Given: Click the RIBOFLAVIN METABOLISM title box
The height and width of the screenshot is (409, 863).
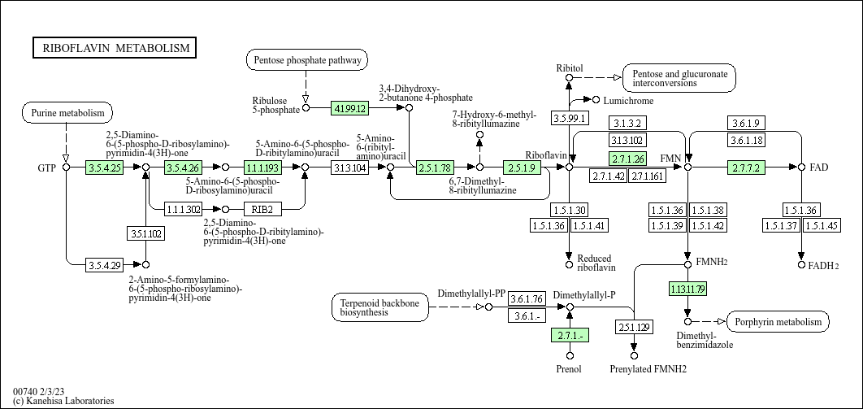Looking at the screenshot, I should coord(115,48).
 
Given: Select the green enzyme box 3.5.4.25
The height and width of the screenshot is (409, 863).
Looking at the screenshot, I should coord(104,168).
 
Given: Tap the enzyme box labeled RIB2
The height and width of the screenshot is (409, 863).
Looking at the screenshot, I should coord(262,209).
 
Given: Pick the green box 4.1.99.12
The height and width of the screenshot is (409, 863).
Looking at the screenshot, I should coord(350,107).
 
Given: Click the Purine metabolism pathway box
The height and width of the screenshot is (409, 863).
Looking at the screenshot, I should coord(67,112).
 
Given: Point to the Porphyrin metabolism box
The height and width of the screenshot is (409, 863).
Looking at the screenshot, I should coord(778,322).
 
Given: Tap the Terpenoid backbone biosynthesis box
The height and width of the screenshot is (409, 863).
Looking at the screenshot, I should coord(380,307).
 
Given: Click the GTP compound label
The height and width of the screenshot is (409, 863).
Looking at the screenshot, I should coord(46,168).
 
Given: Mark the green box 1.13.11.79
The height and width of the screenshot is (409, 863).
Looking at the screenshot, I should coord(687,288).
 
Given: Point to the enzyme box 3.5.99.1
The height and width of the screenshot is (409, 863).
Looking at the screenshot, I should coord(570,119).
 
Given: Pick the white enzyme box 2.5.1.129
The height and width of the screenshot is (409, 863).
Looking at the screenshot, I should coord(634,327).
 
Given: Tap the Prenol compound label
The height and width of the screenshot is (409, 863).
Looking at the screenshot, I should coord(569,370).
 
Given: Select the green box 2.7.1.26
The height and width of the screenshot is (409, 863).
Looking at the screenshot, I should coord(628,159).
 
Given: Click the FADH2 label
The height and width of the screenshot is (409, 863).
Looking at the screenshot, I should coord(823,265).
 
